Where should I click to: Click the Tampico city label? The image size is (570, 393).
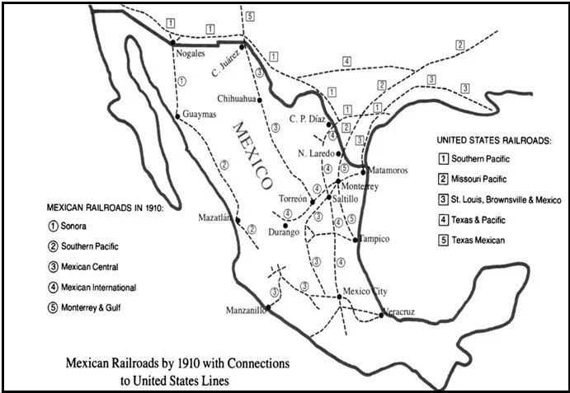(x=376, y=239)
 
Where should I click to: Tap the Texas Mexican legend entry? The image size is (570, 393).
(x=477, y=241)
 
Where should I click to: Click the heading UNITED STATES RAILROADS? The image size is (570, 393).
(x=492, y=141)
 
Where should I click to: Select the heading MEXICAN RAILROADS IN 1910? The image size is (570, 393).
(x=105, y=208)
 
